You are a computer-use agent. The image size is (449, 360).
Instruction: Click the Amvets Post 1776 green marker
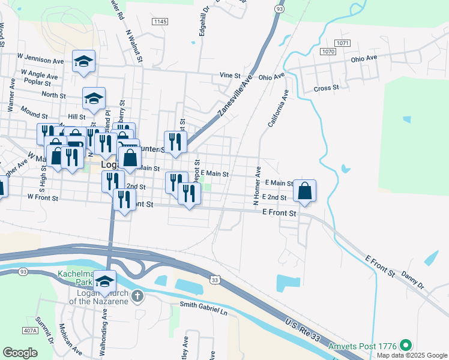(x=406, y=346)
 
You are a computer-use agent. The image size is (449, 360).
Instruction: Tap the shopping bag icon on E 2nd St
(x=305, y=191)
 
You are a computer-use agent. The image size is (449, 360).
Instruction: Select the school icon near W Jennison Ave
(x=84, y=61)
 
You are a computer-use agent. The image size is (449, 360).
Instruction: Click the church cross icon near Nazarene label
(x=137, y=296)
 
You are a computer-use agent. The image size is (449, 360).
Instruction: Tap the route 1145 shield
(x=160, y=22)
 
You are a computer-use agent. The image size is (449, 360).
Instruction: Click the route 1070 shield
(x=328, y=52)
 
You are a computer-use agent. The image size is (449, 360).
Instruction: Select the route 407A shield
(x=29, y=331)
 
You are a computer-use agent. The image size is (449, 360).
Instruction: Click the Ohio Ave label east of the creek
(x=364, y=58)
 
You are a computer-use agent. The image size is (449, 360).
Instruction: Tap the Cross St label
(x=327, y=88)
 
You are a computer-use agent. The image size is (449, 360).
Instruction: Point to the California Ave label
(x=278, y=109)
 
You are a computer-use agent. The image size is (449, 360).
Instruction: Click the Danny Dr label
(x=412, y=279)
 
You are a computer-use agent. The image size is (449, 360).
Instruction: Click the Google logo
(x=20, y=352)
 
